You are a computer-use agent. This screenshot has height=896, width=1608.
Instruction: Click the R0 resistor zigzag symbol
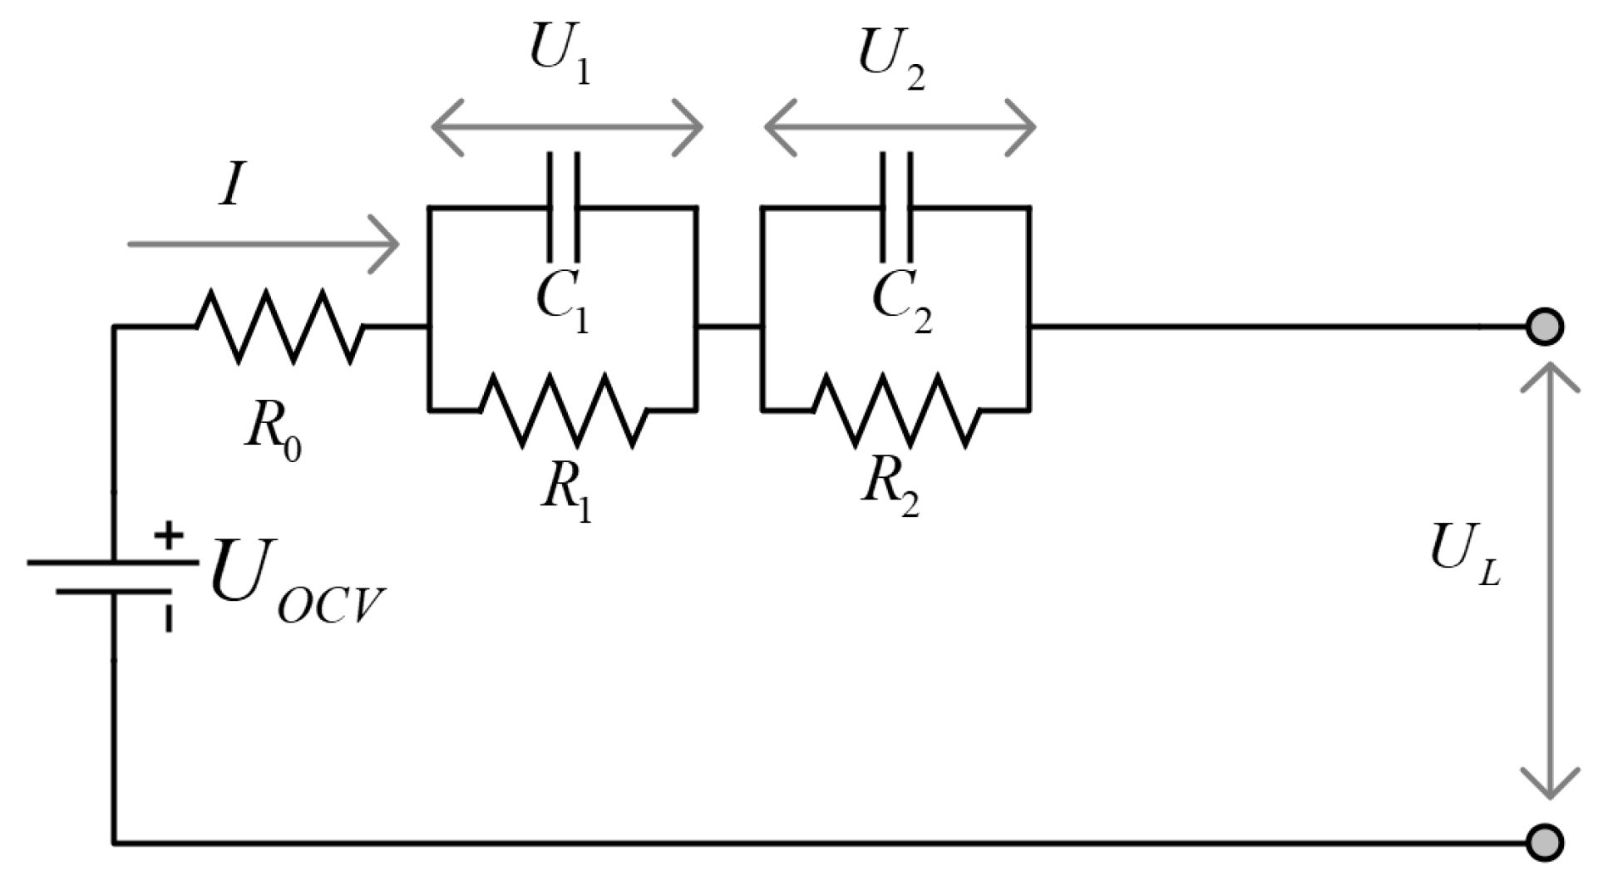coord(279,327)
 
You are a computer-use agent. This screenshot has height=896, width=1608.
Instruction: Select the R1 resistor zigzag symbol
coord(563,410)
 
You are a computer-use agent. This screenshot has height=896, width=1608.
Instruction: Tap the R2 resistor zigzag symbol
coord(896,410)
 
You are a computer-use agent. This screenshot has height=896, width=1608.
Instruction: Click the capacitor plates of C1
coord(563,206)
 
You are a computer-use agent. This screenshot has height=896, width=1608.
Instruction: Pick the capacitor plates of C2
coord(896,206)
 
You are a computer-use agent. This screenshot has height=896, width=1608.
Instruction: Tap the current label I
coord(232,185)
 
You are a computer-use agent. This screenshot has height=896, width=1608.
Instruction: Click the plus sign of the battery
coord(169,535)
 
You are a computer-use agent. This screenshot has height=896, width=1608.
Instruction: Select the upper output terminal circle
coord(1545,327)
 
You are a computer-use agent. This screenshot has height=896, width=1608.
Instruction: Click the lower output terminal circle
coord(1545,843)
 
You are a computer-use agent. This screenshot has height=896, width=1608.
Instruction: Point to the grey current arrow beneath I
coord(264,244)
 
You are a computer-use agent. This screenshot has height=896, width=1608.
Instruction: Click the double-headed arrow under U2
coord(899,127)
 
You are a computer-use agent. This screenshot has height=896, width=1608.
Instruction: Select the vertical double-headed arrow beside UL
coord(1549,582)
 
